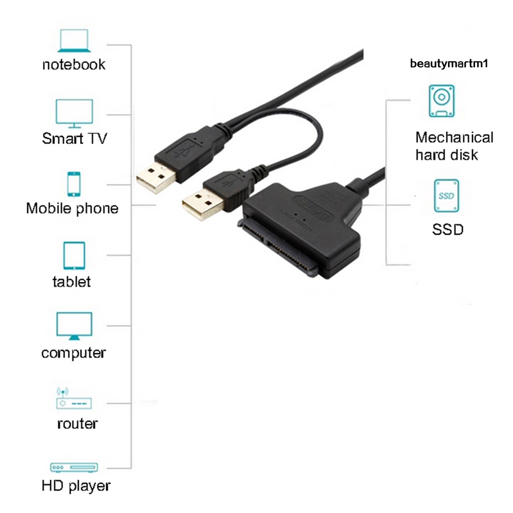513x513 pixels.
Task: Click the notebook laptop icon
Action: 74,41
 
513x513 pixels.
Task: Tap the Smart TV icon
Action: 74,113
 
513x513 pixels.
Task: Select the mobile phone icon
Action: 74,184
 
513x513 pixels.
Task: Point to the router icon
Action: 73,398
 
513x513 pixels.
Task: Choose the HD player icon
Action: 74,467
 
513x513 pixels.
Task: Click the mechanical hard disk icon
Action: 441,101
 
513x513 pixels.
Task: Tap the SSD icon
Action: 446,196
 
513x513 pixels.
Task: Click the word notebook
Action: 74,65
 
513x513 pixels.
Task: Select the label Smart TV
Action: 74,138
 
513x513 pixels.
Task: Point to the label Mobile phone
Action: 72,209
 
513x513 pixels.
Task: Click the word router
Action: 77,424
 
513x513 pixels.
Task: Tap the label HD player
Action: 76,485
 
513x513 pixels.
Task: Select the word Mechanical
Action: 454,137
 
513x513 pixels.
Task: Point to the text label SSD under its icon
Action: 447,229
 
